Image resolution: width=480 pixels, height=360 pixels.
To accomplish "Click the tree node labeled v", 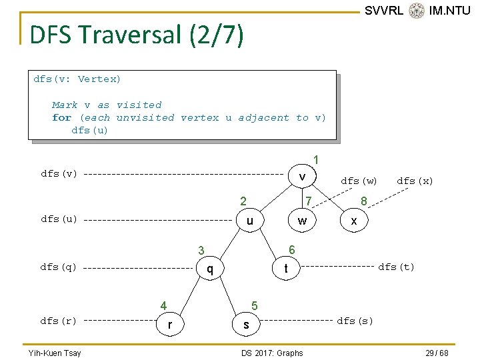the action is [302, 177].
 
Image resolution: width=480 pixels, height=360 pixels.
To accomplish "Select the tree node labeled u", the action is [249, 221].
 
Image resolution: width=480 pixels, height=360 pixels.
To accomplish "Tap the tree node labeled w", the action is [302, 221].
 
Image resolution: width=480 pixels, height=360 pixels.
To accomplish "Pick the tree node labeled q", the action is [210, 269].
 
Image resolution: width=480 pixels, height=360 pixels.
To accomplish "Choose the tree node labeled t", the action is [286, 269].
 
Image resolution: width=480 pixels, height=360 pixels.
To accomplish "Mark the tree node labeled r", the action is [170, 325].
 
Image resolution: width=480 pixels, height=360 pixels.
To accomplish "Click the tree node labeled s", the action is [246, 325].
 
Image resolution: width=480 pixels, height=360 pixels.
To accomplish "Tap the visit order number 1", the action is [317, 160].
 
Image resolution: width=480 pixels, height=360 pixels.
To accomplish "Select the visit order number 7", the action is [308, 201].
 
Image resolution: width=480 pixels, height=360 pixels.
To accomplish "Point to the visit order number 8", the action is [363, 201].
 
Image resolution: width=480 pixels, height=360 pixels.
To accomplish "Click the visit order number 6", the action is [291, 249].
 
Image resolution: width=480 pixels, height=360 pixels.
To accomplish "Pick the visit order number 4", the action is [163, 306].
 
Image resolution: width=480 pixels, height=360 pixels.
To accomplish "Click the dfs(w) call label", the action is [359, 181].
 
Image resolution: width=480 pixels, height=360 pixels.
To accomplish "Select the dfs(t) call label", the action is [396, 267].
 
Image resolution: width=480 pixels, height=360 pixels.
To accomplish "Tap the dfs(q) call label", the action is [59, 267].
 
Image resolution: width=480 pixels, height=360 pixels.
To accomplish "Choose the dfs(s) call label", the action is [355, 321].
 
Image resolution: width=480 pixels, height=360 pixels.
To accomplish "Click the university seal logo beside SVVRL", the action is [417, 11].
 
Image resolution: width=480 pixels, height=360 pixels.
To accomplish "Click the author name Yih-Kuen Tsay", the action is [55, 353].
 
